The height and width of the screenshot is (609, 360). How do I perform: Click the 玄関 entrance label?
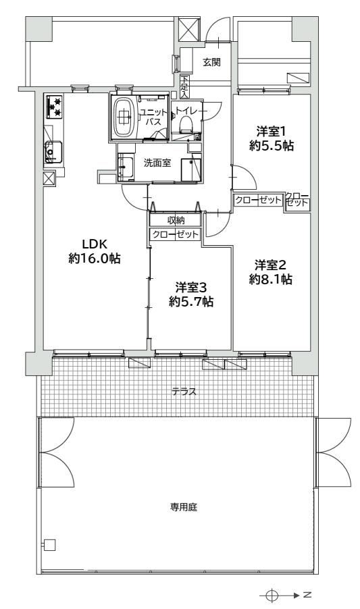pyautogui.click(x=211, y=62)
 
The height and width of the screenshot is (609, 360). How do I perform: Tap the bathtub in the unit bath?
pyautogui.click(x=124, y=116)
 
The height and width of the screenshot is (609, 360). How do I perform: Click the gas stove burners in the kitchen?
pyautogui.click(x=54, y=107)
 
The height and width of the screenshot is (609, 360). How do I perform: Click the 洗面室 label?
pyautogui.click(x=157, y=163)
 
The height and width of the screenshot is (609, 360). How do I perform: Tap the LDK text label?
pyautogui.click(x=95, y=244)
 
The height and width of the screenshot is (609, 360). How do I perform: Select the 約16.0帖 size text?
pyautogui.click(x=95, y=258)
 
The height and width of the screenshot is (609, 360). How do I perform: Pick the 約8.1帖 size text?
pyautogui.click(x=271, y=280)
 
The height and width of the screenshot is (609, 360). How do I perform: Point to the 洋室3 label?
pyautogui.click(x=190, y=288)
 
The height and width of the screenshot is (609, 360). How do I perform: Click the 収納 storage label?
pyautogui.click(x=176, y=220)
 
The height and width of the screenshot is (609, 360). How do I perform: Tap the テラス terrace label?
pyautogui.click(x=184, y=392)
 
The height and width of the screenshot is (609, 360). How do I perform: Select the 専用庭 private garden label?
pyautogui.click(x=184, y=507)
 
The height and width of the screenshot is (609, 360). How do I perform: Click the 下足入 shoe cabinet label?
pyautogui.click(x=184, y=86)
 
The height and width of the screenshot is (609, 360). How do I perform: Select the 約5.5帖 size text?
pyautogui.click(x=271, y=146)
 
